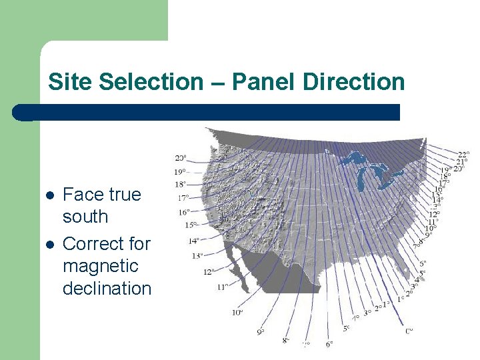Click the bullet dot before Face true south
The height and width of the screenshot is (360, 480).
pyautogui.click(x=49, y=195)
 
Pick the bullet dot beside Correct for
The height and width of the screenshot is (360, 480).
pyautogui.click(x=49, y=244)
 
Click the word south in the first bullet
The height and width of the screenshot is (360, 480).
pyautogui.click(x=85, y=217)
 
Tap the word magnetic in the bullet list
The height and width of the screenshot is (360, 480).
pyautogui.click(x=100, y=266)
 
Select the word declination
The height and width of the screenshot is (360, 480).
pyautogui.click(x=107, y=289)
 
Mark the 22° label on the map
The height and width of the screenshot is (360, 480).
pyautogui.click(x=462, y=155)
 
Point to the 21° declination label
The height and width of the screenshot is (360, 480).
pyautogui.click(x=461, y=162)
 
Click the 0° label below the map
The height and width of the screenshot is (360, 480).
pyautogui.click(x=409, y=330)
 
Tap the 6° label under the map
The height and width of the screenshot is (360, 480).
pyautogui.click(x=329, y=344)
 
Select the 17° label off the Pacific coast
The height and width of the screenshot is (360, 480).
pyautogui.click(x=183, y=198)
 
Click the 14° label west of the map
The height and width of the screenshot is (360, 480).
pyautogui.click(x=193, y=241)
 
